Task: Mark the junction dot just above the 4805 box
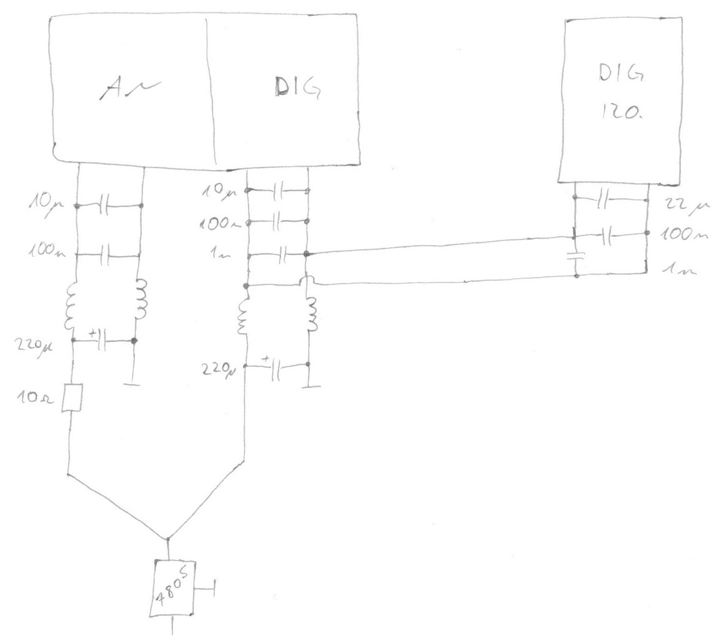click(168, 538)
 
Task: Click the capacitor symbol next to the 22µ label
click(602, 200)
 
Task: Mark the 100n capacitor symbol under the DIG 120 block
click(605, 236)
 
